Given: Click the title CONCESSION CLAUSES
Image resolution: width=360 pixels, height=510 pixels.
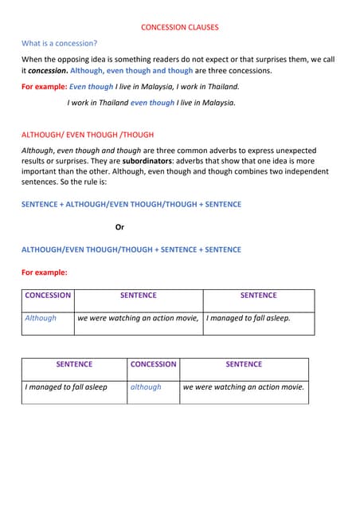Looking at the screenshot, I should tap(179, 27).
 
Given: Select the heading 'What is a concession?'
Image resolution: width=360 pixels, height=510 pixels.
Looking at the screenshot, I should tap(60, 43).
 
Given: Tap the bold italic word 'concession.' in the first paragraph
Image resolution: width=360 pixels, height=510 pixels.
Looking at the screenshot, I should tap(48, 71).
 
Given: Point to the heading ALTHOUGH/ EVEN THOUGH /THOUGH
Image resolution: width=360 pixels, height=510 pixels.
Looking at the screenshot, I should tap(87, 135).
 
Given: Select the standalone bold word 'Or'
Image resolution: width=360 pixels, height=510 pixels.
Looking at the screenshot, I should tap(119, 227).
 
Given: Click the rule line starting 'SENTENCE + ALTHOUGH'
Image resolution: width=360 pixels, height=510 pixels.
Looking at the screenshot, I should tap(131, 205).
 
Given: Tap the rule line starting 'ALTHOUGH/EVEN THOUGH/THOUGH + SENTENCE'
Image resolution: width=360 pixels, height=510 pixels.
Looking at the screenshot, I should tap(131, 249).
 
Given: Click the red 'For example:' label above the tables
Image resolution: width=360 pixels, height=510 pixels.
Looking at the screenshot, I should tap(44, 273).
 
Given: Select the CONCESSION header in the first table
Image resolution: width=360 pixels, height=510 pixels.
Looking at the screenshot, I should tap(48, 296).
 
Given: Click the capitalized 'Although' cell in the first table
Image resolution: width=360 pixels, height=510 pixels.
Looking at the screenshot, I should tap(41, 318).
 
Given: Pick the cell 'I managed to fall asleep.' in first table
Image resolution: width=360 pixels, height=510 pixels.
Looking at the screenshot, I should tap(248, 318).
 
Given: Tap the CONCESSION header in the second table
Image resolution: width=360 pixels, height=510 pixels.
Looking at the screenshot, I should tap(153, 364).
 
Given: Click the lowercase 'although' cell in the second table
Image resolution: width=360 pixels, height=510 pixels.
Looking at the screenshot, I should tap(146, 387).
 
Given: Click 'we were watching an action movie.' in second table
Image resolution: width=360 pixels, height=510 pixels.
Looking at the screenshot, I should tap(243, 387).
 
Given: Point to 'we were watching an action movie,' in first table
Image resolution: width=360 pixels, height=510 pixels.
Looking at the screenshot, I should tap(138, 318).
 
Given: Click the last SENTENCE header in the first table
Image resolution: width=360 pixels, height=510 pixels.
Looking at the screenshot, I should tap(258, 296).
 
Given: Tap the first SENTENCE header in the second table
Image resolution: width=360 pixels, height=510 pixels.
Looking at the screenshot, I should tap(74, 364).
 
